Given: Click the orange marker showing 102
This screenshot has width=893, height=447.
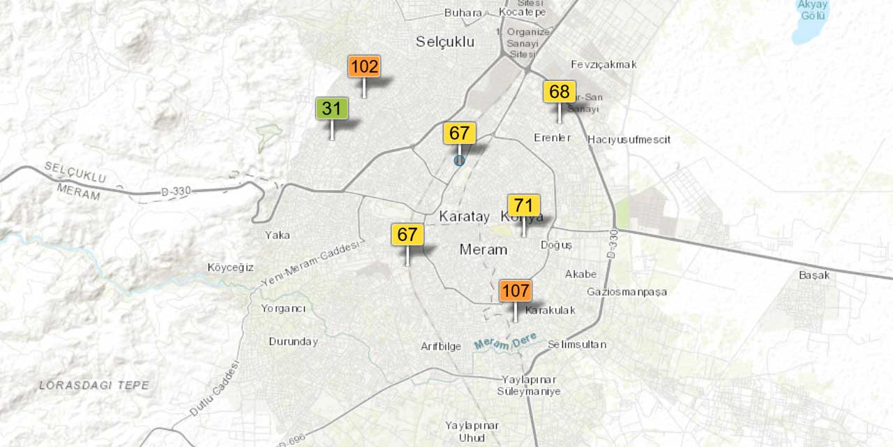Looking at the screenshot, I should [364, 67].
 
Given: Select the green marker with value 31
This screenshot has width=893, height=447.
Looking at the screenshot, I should [332, 108].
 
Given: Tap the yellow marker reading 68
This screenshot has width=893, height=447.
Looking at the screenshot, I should [560, 92].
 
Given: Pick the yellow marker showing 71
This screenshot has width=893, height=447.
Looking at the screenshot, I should [524, 205].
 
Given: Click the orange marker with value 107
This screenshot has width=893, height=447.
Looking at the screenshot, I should [516, 291].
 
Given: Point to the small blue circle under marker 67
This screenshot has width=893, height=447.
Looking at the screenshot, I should [459, 161].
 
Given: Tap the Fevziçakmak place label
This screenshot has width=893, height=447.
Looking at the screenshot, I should [603, 64].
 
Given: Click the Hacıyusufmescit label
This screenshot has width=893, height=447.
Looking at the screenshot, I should [629, 140].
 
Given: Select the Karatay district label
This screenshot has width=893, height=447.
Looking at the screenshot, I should [465, 217].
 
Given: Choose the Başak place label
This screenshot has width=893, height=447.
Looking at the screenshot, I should [814, 275].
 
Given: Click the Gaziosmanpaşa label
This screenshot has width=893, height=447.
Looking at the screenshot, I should [626, 291].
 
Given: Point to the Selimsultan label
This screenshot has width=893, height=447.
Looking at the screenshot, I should [576, 344].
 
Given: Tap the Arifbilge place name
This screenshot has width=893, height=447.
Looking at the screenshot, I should [441, 346].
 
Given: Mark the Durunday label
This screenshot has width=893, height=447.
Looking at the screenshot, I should [293, 342].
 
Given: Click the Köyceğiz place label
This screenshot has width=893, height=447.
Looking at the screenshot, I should [230, 268].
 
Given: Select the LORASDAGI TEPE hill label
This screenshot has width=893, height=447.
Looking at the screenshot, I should [93, 385].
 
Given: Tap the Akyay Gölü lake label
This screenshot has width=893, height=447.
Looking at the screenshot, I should [813, 10].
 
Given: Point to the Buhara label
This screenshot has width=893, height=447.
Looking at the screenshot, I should [463, 13].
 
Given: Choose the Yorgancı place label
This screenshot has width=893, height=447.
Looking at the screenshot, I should [283, 308].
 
